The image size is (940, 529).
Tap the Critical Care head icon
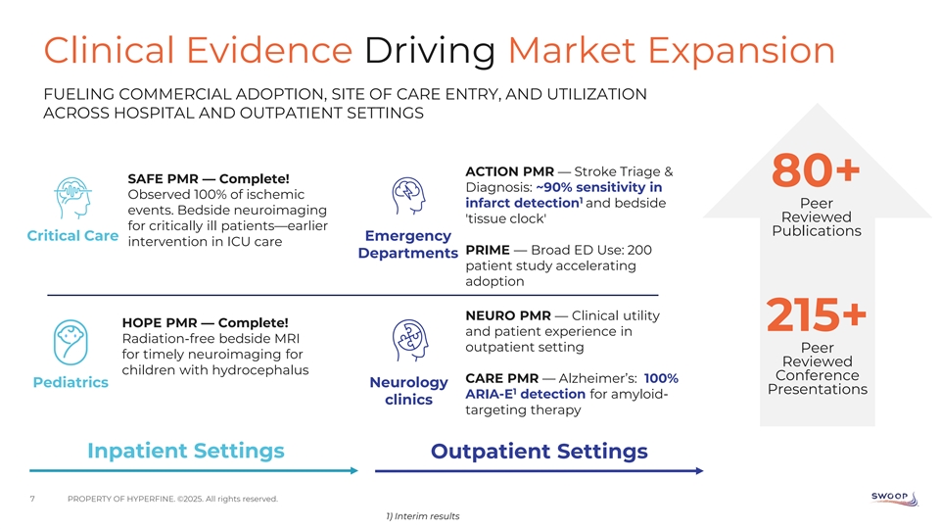coord(72,200)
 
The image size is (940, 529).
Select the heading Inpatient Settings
coord(186,451)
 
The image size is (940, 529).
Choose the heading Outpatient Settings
coord(540,452)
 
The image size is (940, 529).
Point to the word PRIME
coord(487,250)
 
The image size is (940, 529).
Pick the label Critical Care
coord(73,236)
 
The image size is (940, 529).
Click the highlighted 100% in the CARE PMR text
coord(661,378)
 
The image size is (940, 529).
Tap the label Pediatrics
coord(70,382)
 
